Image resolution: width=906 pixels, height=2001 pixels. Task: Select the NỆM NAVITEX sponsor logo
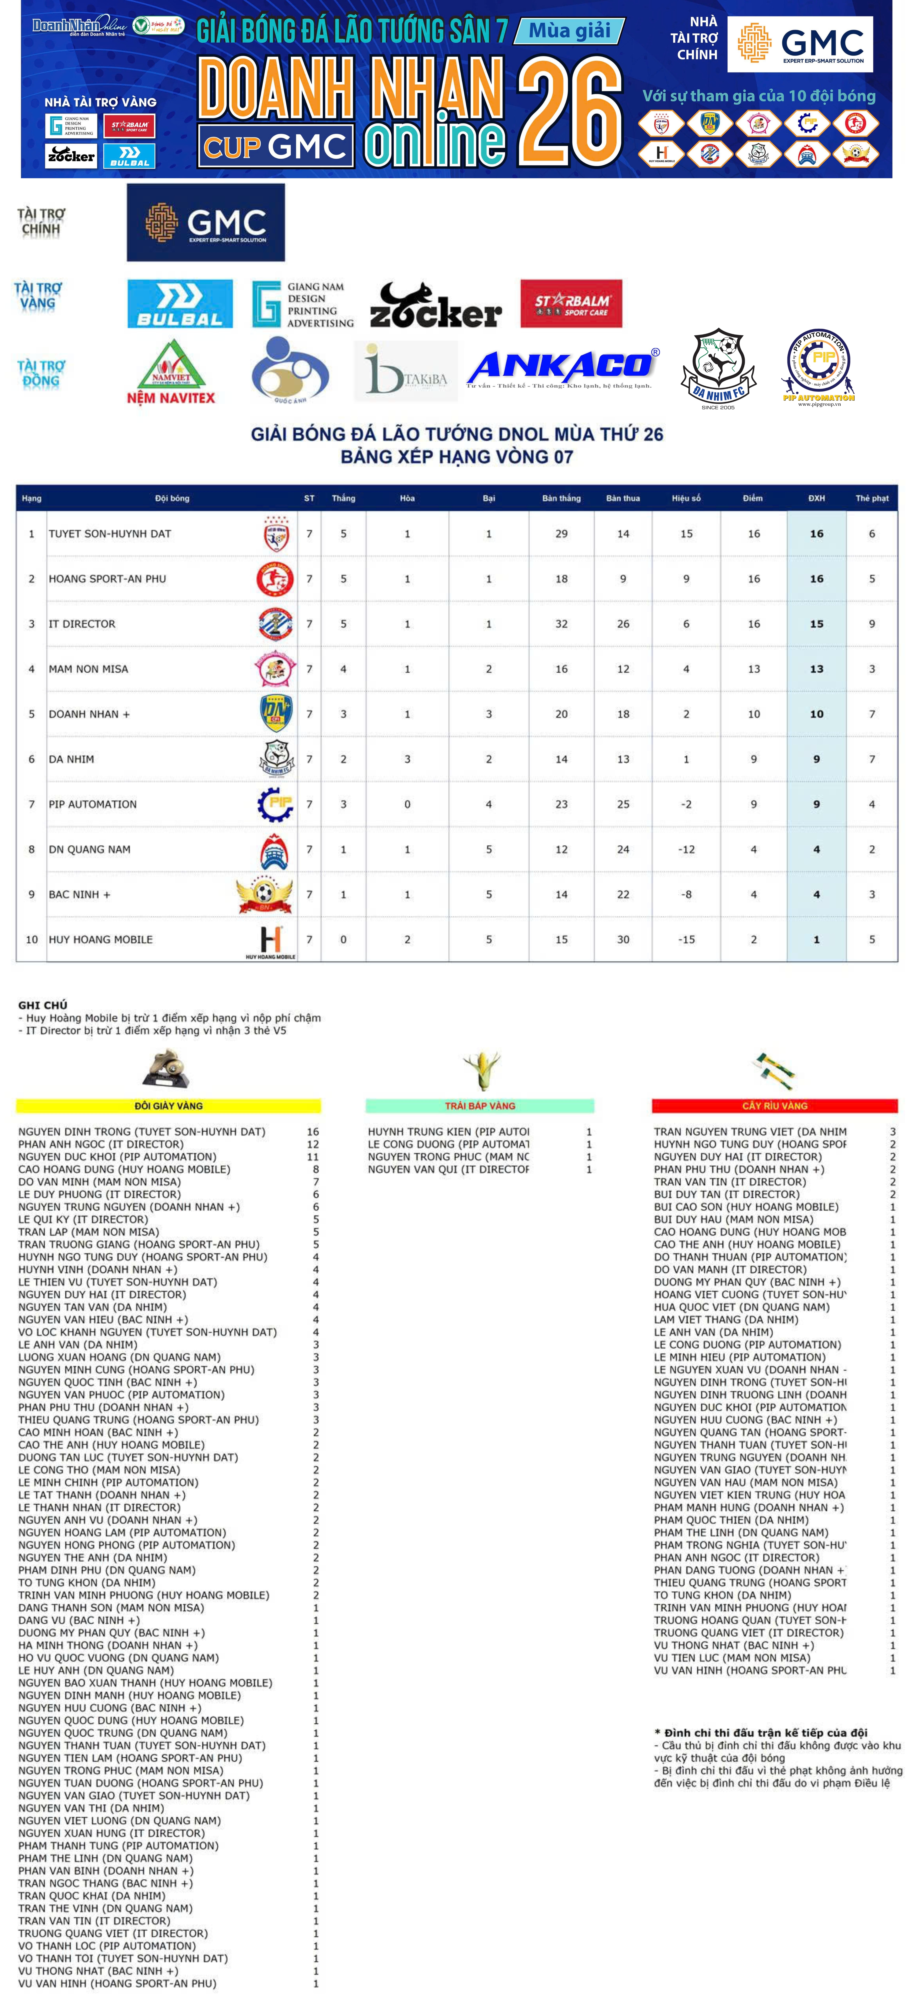point(171,373)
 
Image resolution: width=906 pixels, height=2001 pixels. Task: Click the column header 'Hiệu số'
point(686,498)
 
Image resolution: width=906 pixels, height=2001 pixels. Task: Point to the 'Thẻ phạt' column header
point(872,498)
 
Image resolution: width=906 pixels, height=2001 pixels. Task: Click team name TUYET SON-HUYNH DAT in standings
point(110,534)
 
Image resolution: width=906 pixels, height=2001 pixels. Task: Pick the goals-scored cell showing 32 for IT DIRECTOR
point(561,624)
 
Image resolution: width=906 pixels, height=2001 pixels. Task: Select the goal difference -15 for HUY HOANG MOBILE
point(686,939)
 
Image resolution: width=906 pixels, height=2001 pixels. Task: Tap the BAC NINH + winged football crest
point(265,894)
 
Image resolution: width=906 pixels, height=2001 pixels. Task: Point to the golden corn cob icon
point(481,1071)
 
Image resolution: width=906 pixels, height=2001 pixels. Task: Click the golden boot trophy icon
point(166,1069)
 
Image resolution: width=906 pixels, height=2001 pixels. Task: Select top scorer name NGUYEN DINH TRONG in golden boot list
point(141,1132)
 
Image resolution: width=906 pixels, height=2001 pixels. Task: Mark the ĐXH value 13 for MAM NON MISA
point(816,669)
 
